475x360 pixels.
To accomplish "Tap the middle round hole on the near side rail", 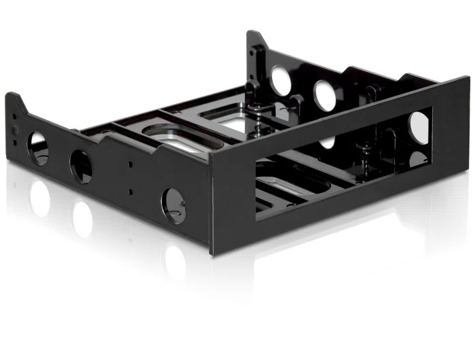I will [81, 166].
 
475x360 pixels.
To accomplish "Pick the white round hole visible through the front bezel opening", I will [419, 126].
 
